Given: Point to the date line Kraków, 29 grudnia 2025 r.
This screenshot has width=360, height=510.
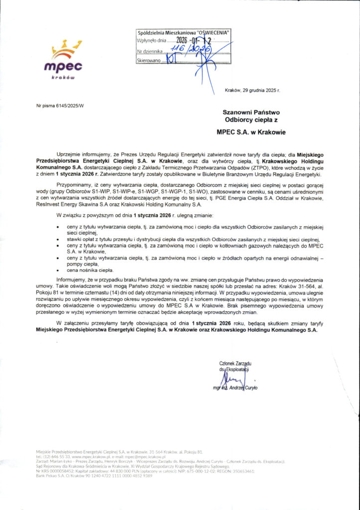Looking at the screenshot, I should pyautogui.click(x=252, y=91).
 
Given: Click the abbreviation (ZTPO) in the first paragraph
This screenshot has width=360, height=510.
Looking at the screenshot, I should pyautogui.click(x=257, y=168).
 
